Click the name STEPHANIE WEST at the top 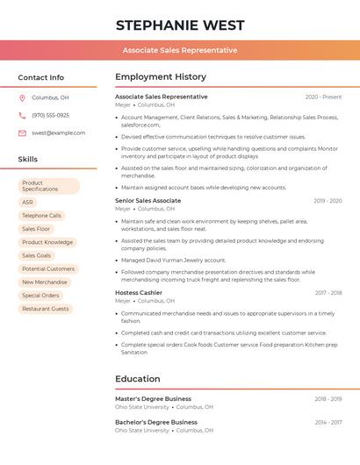click(x=180, y=25)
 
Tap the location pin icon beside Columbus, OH click(x=22, y=98)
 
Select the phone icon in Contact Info click(x=22, y=116)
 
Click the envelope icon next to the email click(x=22, y=133)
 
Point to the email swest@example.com click(x=59, y=133)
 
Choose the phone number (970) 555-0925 click(x=50, y=116)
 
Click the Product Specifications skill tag click(x=48, y=186)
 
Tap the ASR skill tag click(x=28, y=202)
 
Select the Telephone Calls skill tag click(x=41, y=216)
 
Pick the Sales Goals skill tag click(x=37, y=255)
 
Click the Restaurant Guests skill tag click(x=46, y=309)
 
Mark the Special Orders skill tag click(x=40, y=296)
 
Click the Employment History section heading click(x=161, y=77)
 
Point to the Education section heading click(x=138, y=379)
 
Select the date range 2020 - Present click(x=323, y=97)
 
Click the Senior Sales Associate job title click(x=148, y=201)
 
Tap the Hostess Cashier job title click(x=139, y=292)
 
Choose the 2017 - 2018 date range click(x=328, y=293)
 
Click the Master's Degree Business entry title click(x=153, y=398)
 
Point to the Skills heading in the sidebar click(x=28, y=160)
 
